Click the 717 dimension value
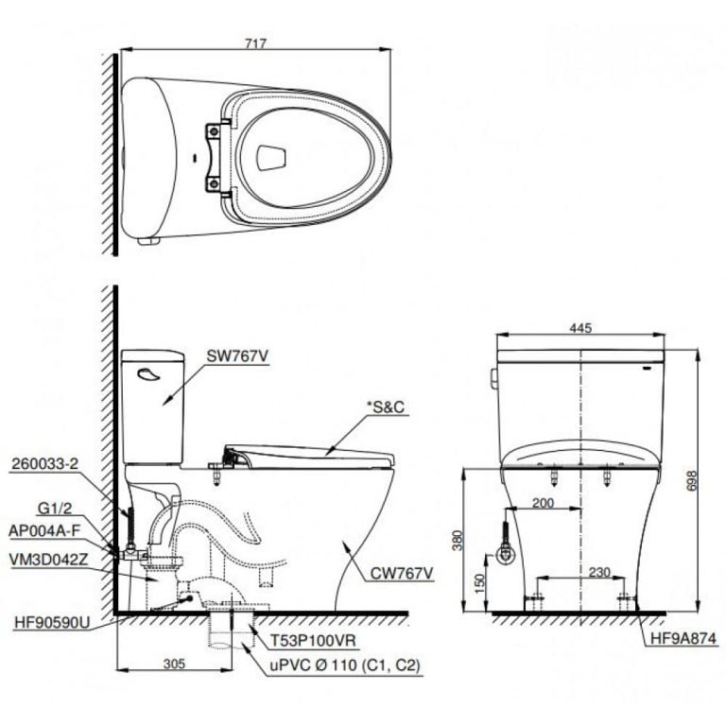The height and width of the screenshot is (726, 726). pyautogui.click(x=257, y=43)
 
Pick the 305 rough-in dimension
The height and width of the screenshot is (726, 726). pyautogui.click(x=174, y=665)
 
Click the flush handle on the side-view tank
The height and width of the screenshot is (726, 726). pyautogui.click(x=148, y=375)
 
